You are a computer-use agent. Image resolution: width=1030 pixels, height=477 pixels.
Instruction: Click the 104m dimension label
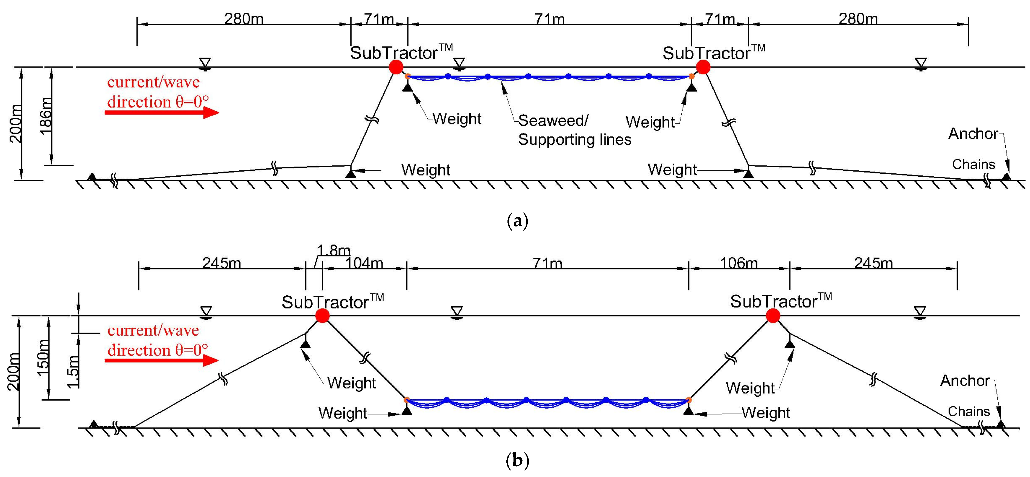coord(364,263)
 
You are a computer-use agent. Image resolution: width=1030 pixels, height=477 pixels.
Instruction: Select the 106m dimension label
coord(739,263)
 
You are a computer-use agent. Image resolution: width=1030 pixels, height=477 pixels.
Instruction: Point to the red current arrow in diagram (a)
coord(162,113)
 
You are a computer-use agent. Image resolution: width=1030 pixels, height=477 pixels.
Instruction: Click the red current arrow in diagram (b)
coord(162,361)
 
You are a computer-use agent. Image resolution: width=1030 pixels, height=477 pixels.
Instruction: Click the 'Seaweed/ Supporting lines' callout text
coord(574,130)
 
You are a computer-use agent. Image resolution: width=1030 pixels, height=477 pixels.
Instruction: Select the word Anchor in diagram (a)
coord(973,133)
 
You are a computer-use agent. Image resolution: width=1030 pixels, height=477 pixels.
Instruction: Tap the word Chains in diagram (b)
coord(969,411)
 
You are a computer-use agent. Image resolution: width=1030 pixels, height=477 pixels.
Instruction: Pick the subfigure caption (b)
coord(517,461)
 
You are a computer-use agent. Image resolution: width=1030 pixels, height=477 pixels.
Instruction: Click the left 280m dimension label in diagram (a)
coord(244,19)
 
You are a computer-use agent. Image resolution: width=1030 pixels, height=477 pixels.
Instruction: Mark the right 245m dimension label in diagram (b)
coord(873,263)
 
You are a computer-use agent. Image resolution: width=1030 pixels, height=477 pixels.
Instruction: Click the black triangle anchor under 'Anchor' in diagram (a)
coord(1006,176)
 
